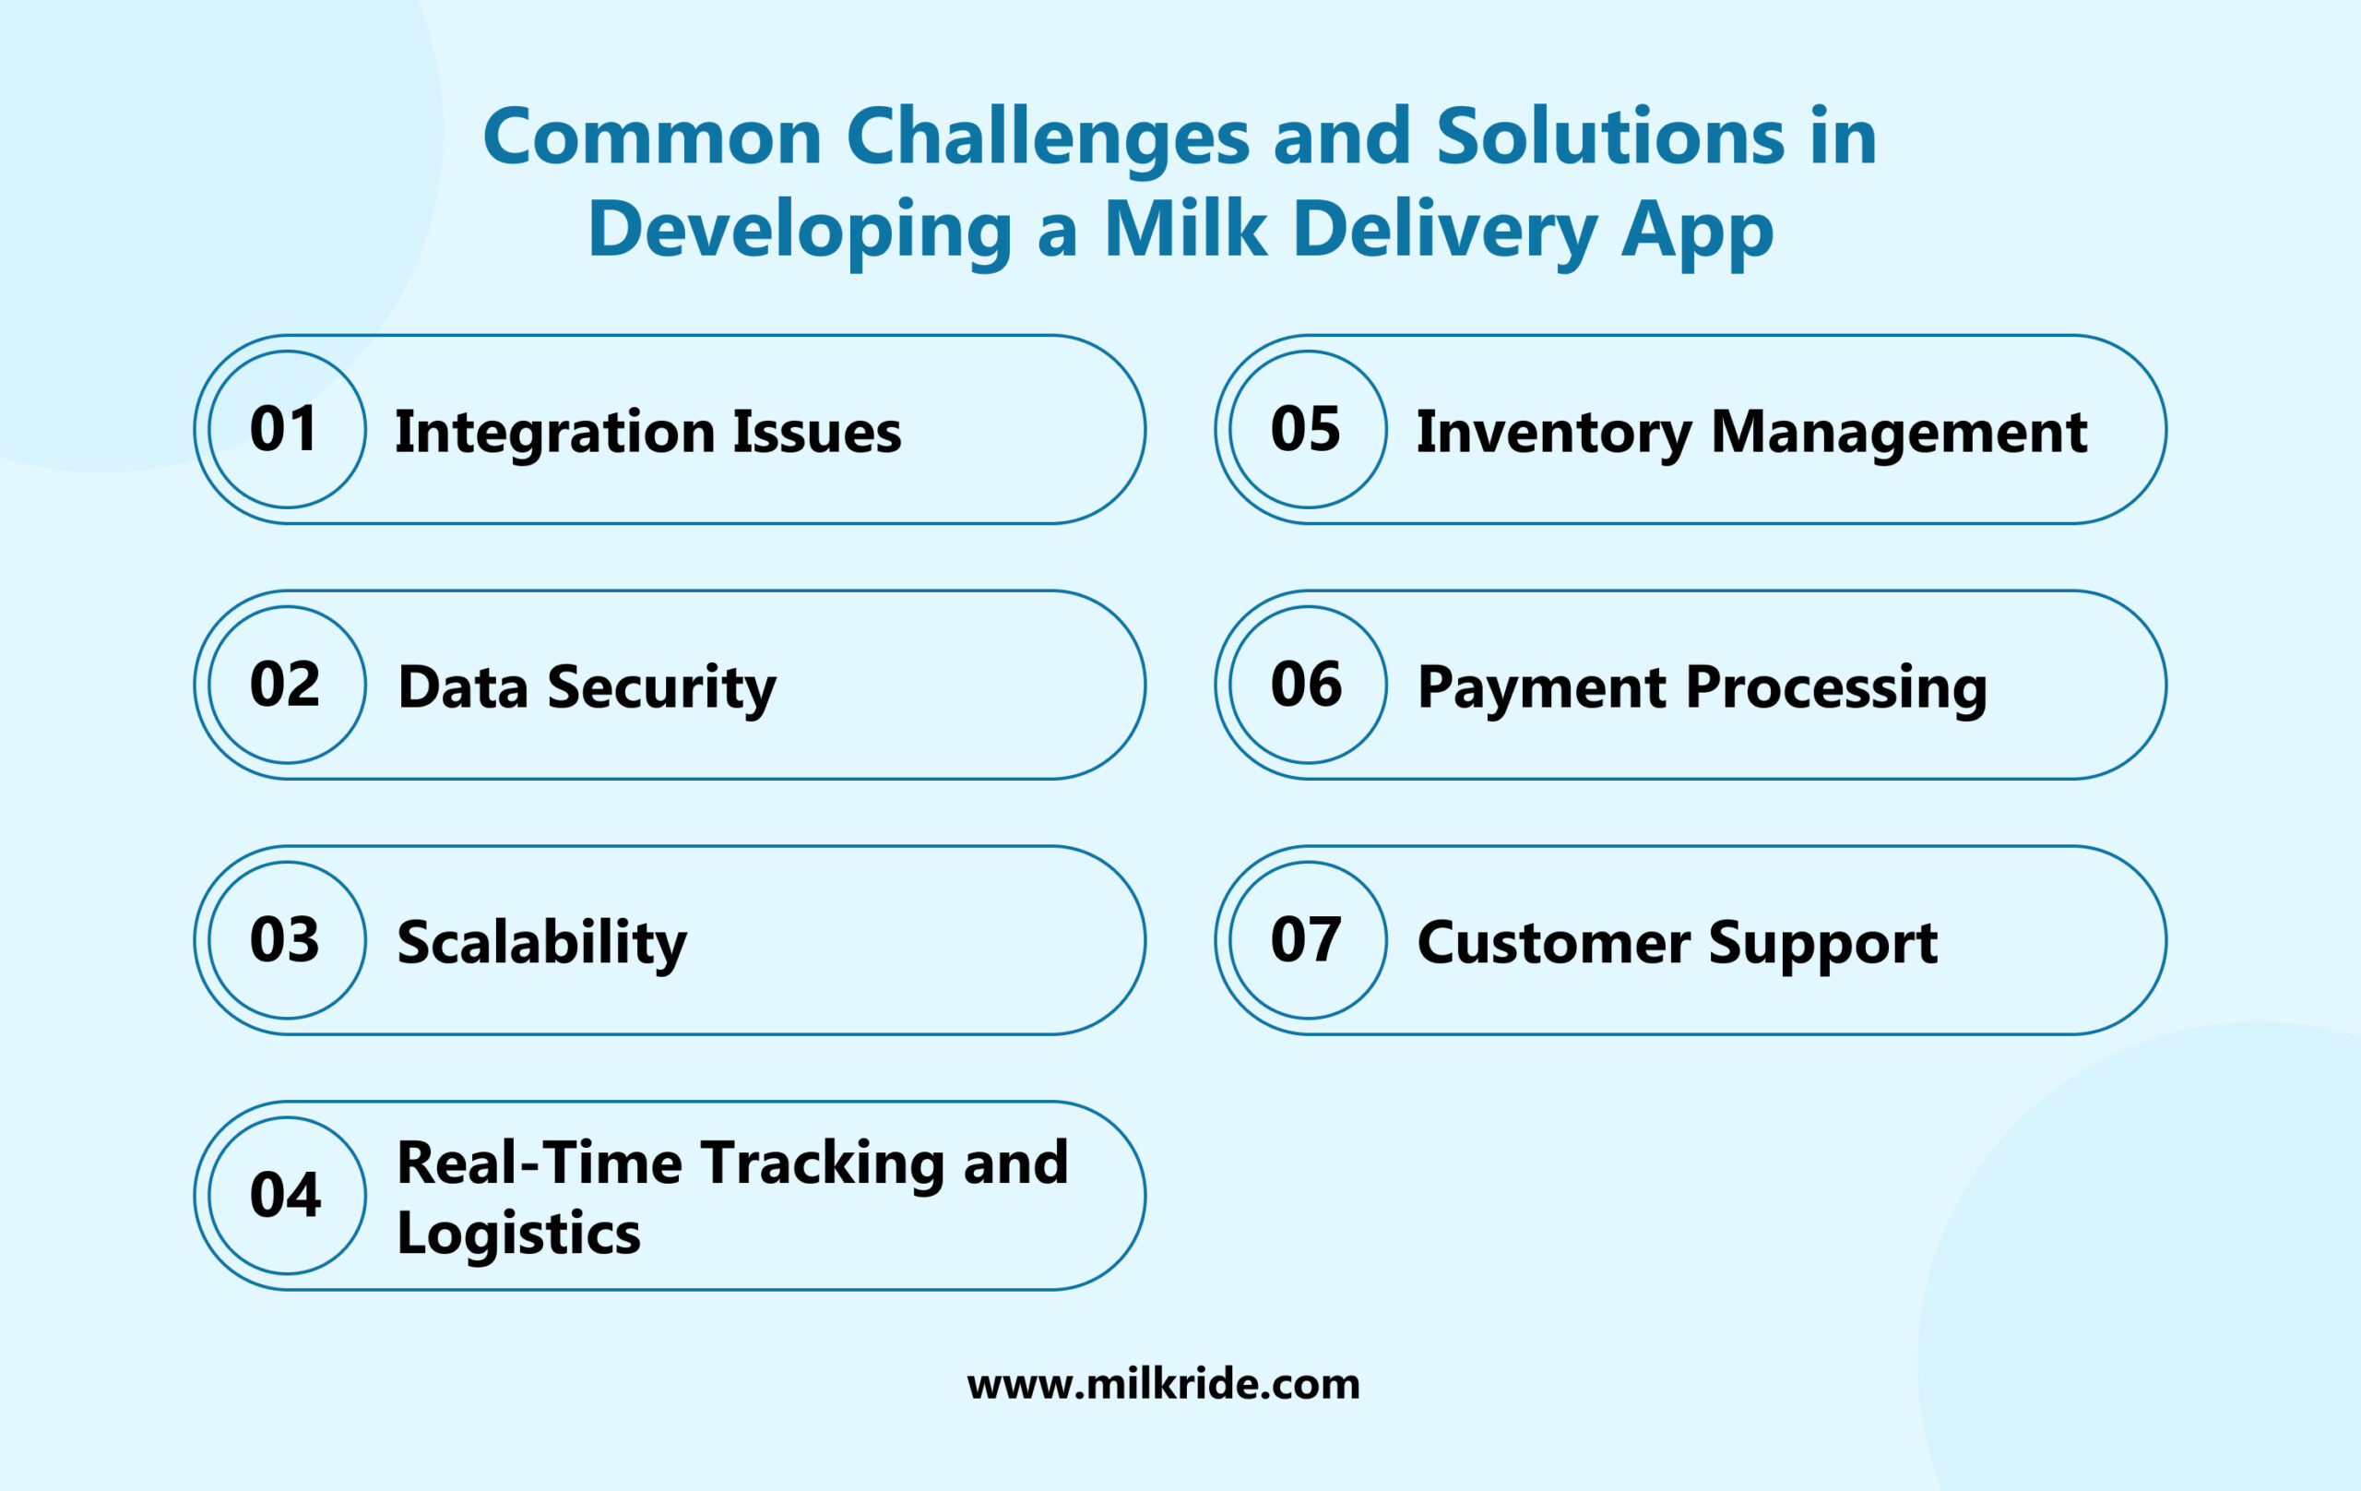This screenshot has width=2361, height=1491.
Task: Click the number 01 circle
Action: point(286,430)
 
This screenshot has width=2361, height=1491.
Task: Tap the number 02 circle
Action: point(286,685)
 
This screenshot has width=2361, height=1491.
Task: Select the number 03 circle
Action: point(286,940)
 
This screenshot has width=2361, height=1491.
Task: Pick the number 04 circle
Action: point(286,1195)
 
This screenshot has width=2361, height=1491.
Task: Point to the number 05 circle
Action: point(1308,430)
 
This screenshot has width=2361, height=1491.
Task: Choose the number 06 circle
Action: point(1308,685)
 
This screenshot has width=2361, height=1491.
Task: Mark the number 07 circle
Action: point(1308,940)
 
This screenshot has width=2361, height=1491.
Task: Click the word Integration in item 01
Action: point(555,434)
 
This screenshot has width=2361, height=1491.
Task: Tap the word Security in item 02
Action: point(662,688)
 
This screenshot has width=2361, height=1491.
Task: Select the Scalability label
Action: point(541,944)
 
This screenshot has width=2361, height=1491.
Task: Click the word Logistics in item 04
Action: point(517,1234)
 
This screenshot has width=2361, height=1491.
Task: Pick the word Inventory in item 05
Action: point(1554,434)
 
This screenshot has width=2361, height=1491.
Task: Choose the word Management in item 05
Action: point(1898,434)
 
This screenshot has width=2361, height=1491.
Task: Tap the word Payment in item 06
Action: point(1541,688)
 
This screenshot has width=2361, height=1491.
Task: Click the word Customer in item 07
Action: point(1553,944)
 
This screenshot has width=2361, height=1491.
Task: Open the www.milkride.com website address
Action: point(1163,1384)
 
